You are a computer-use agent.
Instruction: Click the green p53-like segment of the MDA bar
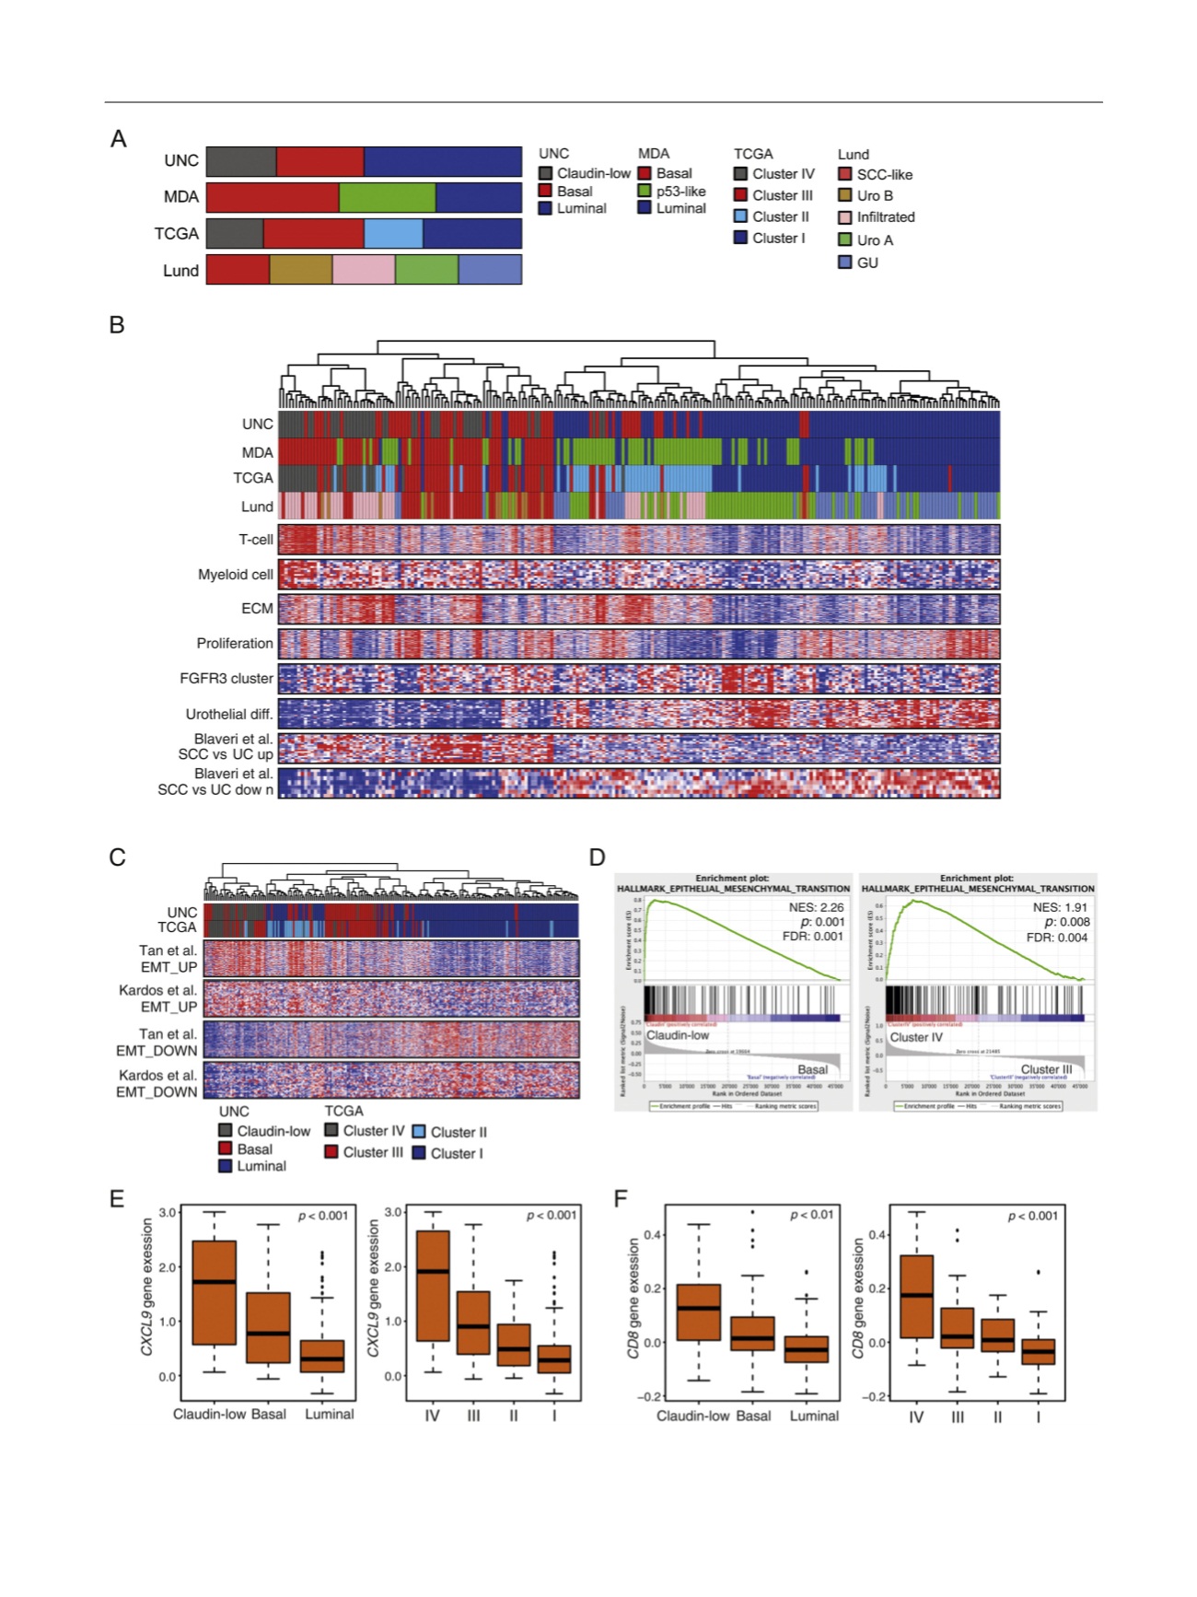pyautogui.click(x=387, y=197)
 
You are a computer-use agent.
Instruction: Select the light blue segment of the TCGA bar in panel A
pyautogui.click(x=393, y=234)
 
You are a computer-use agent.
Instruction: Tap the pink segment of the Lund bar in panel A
pyautogui.click(x=364, y=270)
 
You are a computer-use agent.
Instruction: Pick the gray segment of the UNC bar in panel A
pyautogui.click(x=241, y=161)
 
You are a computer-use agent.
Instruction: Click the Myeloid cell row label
pyautogui.click(x=236, y=575)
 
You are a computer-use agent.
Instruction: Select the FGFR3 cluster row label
pyautogui.click(x=227, y=679)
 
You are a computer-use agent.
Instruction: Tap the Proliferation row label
pyautogui.click(x=235, y=644)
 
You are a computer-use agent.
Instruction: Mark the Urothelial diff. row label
pyautogui.click(x=229, y=714)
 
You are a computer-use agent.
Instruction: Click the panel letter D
pyautogui.click(x=597, y=857)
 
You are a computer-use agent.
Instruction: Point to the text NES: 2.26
pyautogui.click(x=816, y=907)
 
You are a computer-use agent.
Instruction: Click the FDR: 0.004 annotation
pyautogui.click(x=1057, y=938)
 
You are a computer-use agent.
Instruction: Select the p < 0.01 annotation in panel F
pyautogui.click(x=811, y=1215)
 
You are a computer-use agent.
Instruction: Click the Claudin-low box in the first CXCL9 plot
pyautogui.click(x=215, y=1292)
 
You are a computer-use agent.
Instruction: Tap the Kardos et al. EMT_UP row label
pyautogui.click(x=157, y=998)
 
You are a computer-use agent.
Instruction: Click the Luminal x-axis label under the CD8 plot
pyautogui.click(x=814, y=1416)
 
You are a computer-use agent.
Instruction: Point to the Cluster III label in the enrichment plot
pyautogui.click(x=1046, y=1069)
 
